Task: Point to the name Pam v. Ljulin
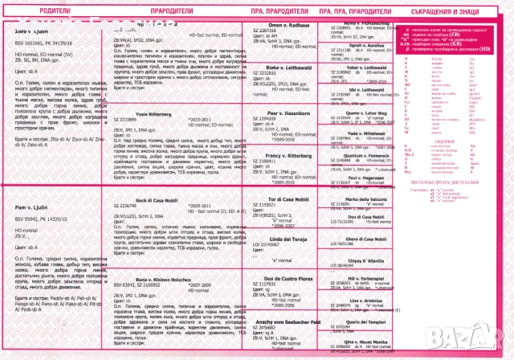pos(32,207)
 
